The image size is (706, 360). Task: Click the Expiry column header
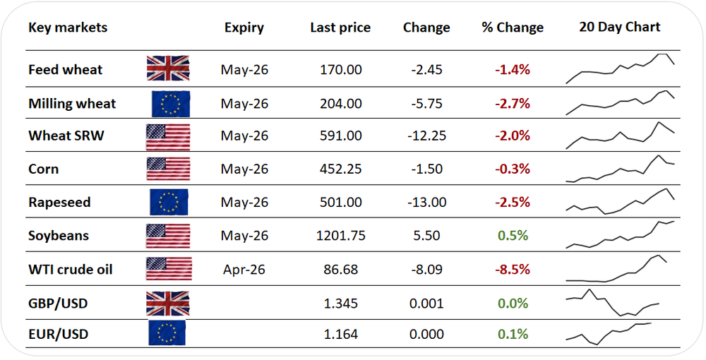244,28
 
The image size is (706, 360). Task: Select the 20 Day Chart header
619,27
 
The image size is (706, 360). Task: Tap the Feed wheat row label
65,70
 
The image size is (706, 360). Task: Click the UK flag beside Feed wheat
168,68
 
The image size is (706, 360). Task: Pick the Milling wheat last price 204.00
340,104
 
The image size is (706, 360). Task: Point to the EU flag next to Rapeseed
169,202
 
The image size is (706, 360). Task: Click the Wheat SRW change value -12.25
426,136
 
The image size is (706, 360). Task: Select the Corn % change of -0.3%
513,169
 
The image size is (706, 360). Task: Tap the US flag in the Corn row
168,169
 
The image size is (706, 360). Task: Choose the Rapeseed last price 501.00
340,203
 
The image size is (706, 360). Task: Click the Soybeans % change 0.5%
513,236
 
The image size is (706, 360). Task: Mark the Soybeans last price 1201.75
340,236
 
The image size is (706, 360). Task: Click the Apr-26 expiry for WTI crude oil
244,270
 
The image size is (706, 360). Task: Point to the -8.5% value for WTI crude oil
513,270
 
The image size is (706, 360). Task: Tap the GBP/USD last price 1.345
340,304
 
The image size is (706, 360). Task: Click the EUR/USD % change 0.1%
513,334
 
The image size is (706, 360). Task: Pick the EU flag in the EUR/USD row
167,332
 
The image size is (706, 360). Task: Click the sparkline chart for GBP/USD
613,302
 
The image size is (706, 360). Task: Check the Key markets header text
68,28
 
